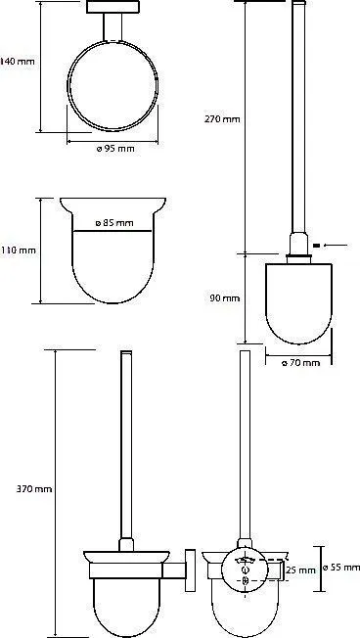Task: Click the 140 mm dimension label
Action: click(18, 62)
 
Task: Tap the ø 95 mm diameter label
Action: click(115, 149)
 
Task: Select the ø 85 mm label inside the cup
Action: click(114, 223)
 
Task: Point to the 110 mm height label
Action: click(18, 251)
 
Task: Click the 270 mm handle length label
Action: click(222, 119)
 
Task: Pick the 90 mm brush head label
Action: click(225, 298)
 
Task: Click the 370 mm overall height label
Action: click(34, 489)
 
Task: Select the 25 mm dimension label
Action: click(301, 570)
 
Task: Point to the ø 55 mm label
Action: click(340, 568)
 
